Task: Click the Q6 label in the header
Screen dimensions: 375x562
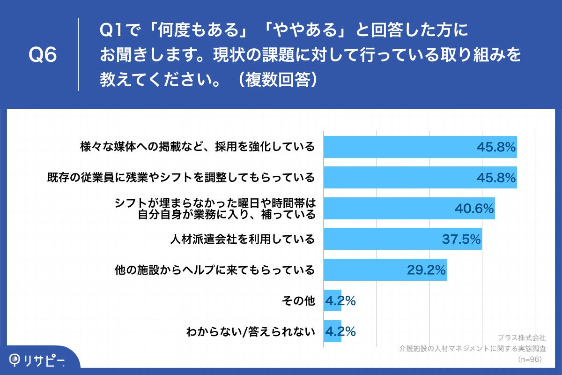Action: coord(43,55)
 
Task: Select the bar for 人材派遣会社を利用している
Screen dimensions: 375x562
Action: coord(403,239)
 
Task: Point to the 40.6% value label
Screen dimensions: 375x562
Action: coord(474,209)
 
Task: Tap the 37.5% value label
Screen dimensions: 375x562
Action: coord(461,239)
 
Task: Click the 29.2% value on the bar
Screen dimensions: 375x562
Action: coord(426,270)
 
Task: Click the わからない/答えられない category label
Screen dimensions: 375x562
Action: coord(250,331)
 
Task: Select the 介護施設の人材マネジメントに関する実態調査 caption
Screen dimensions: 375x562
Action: coord(472,349)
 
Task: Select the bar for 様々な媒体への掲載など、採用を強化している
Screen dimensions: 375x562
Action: coord(420,147)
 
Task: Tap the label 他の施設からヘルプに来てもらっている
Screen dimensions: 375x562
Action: coord(215,270)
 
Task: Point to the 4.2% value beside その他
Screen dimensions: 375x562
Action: coord(340,300)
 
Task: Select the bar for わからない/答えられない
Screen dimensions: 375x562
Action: coord(333,331)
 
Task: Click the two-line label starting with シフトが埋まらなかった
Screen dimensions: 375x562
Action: coord(215,209)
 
